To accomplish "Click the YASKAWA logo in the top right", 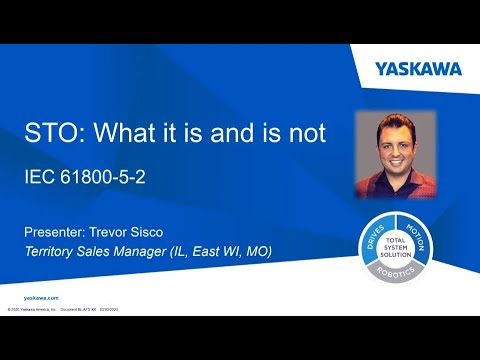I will coord(419,69).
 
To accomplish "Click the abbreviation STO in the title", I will coord(49,134).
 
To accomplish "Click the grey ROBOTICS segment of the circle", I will coord(396,271).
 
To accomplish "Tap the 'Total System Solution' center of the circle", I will coord(396,243).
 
